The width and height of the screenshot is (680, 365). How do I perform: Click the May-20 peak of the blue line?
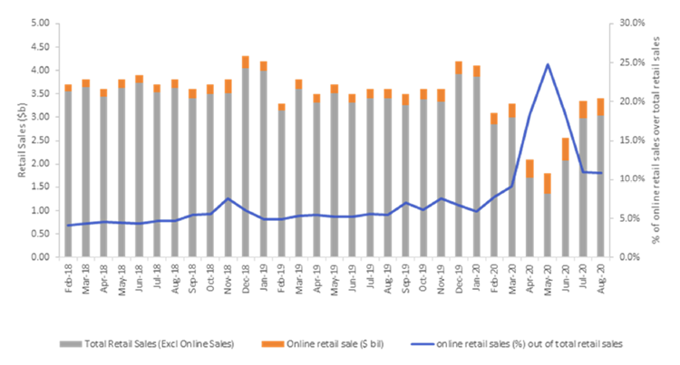tap(549, 64)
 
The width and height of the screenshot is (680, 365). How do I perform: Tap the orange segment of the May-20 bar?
tap(549, 183)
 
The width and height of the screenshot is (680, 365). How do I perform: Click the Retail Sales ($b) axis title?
tap(11, 140)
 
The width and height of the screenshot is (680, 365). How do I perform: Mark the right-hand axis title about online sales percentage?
tap(665, 140)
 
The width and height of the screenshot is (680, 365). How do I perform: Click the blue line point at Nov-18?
tap(228, 198)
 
